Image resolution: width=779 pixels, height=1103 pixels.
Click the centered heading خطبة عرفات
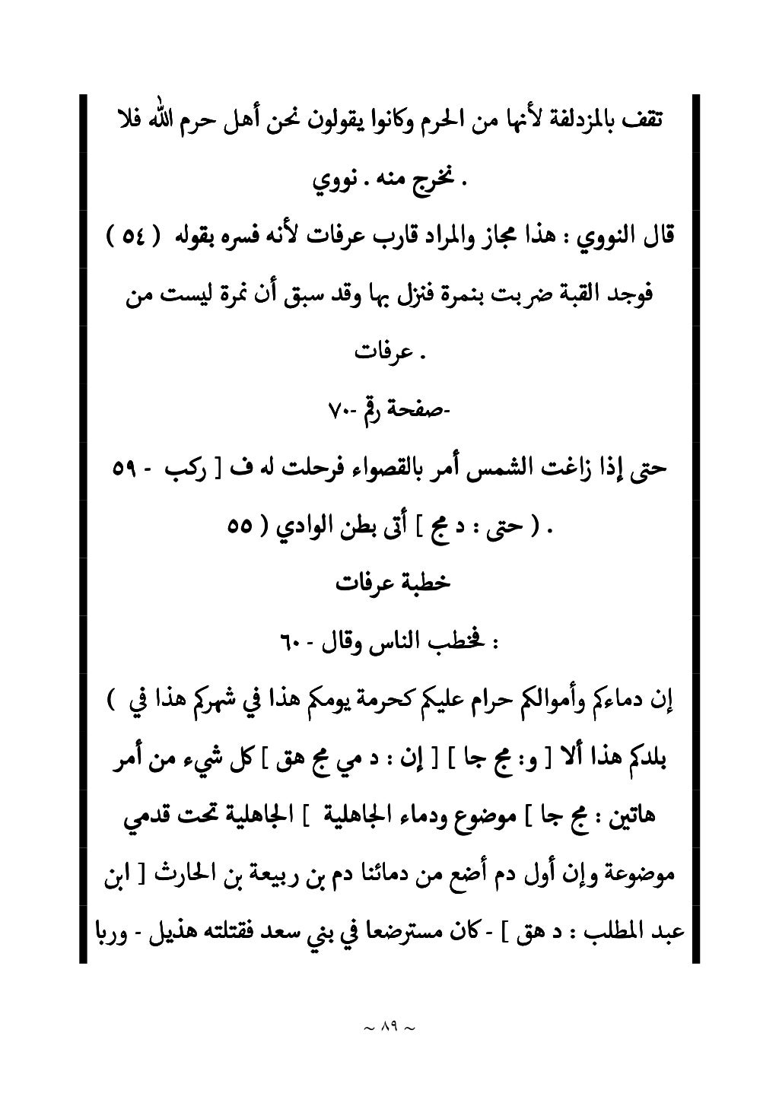coord(393,583)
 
